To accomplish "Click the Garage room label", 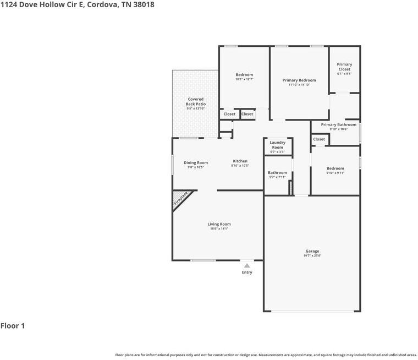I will coord(312,251).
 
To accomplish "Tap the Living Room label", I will coord(219,224).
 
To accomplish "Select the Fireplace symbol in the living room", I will coord(181,199).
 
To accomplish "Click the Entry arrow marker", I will coord(247,265).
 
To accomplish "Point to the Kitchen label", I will coord(240,161).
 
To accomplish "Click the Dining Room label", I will coord(196,162).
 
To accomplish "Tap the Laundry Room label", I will coord(277,145).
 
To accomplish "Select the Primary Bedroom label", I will coord(299,80).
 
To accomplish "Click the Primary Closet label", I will coord(344,67).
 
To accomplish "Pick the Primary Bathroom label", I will coord(339,125).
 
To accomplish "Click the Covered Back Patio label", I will coord(195,101).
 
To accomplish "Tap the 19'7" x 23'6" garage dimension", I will coord(312,255).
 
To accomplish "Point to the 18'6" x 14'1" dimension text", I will coord(219,228).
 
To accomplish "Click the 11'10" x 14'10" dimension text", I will coord(300,85).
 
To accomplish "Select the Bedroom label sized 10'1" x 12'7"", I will coord(244,75).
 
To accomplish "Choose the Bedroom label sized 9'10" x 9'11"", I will coord(335,168).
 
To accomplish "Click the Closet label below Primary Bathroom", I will coord(319,139).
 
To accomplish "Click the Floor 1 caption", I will coord(13,326).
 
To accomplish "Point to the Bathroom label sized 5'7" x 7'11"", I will coord(277,173).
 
